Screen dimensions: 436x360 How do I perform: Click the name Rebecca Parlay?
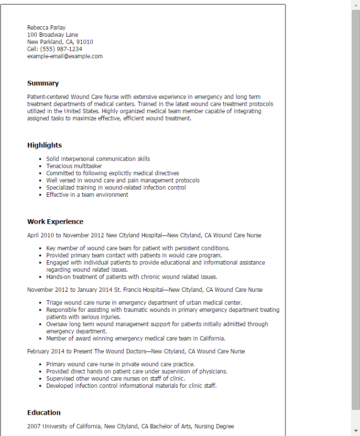point(46,28)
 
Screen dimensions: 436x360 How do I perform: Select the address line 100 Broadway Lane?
point(53,35)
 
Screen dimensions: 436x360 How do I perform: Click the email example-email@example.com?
point(65,56)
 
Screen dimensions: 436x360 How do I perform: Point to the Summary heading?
point(43,83)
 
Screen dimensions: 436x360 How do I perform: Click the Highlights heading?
point(44,145)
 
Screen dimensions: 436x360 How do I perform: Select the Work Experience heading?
point(55,222)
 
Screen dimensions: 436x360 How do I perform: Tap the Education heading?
point(44,413)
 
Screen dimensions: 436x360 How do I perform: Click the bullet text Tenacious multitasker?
point(74,166)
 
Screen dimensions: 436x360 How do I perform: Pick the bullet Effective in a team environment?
point(87,195)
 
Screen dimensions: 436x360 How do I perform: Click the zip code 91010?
point(85,42)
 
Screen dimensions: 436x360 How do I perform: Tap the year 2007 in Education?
point(34,426)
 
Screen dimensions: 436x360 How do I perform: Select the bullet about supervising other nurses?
point(116,379)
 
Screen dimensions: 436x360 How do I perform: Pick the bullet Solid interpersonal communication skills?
point(98,159)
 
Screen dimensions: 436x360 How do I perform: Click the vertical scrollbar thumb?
point(356,210)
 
